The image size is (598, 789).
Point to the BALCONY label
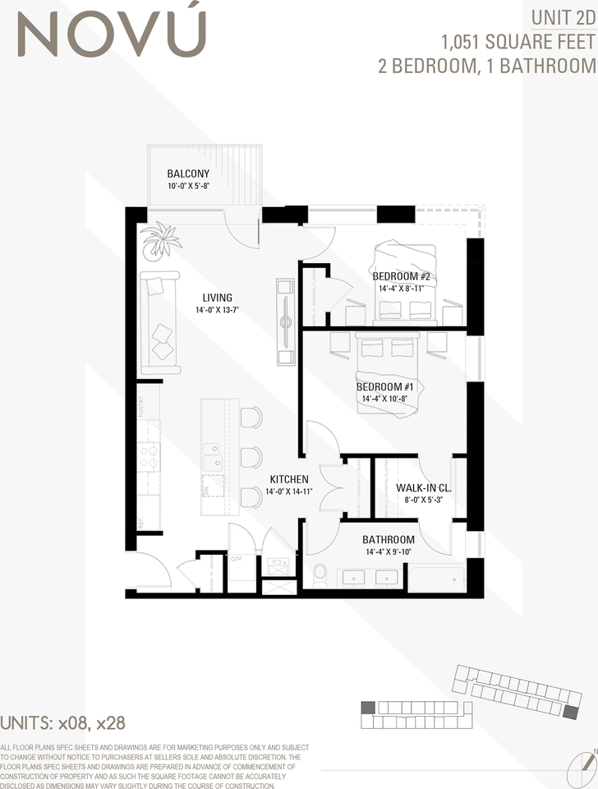188,173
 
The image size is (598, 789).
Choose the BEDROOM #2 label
402,276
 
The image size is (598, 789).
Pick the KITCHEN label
289,479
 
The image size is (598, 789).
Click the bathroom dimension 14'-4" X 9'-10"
389,552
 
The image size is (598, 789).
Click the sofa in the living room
159,322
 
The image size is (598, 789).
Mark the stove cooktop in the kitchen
149,456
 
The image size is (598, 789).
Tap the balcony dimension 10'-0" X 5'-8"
188,187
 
